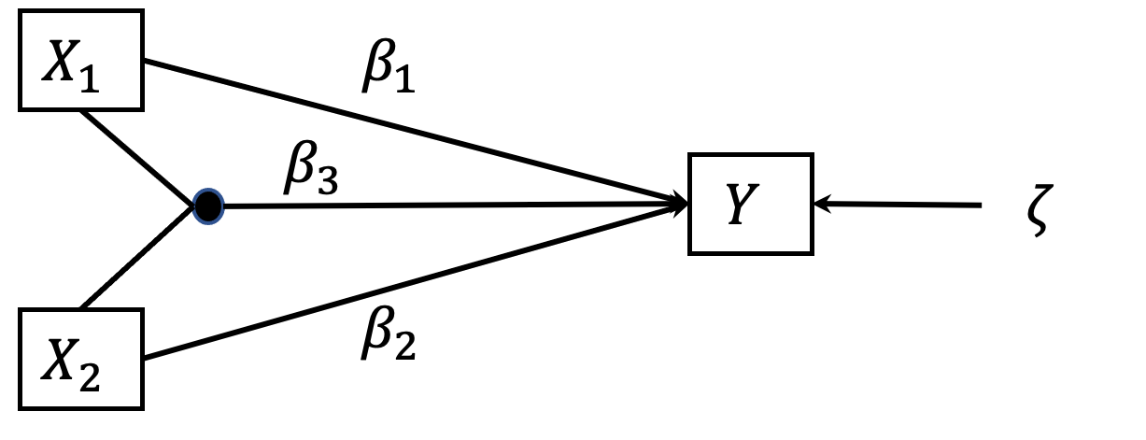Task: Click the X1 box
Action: (x=80, y=61)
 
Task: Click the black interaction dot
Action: (x=207, y=205)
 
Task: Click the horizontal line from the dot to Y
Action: (x=448, y=205)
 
